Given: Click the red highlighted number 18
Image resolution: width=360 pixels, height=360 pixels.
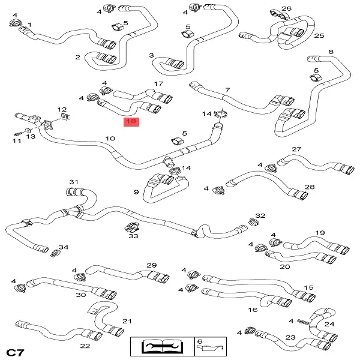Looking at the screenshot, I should point(131,122).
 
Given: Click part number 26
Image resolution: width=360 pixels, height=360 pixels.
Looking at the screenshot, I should point(286,8).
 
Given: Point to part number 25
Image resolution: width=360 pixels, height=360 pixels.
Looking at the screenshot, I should point(319,36).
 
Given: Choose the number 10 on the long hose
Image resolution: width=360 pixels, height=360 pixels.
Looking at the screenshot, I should point(110,139).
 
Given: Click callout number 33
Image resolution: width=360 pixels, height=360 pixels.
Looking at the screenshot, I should point(134,236).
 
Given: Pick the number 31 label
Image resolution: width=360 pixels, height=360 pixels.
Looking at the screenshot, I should point(74,182).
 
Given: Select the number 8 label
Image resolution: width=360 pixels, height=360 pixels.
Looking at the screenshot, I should point(331,52).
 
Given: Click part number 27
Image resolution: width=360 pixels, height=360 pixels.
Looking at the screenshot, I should point(296,149).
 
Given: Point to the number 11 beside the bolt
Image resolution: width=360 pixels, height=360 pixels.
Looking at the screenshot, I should point(16,141).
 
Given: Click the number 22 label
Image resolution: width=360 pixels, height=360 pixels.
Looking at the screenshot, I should point(85,346).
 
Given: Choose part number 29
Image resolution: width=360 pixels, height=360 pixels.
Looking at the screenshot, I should point(151,265).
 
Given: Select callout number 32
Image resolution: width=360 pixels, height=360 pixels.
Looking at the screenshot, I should point(260,215).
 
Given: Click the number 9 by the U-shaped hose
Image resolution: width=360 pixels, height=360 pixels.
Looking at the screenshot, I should point(136,192).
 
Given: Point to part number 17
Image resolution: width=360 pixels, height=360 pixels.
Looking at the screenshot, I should point(158,84).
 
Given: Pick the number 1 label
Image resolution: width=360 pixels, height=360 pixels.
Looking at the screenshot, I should point(30,25).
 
